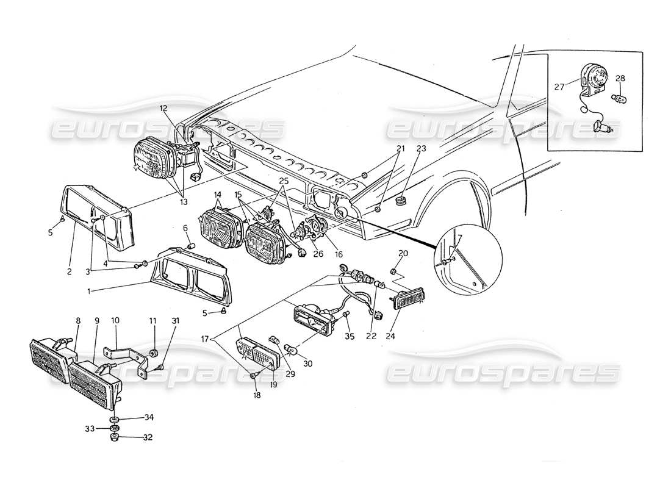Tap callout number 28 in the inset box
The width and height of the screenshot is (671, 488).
coord(620,78)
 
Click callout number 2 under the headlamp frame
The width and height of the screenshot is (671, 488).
coord(69,271)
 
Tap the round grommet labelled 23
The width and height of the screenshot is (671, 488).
coord(402,201)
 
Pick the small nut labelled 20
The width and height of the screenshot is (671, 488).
coord(395,270)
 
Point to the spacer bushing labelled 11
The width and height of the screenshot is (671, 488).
coord(154,354)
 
